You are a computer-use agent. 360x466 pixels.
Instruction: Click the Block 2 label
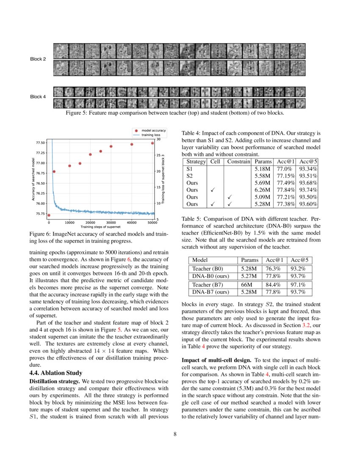point(38,59)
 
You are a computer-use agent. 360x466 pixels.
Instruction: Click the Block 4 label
point(38,97)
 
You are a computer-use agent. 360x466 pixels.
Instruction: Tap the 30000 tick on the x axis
point(111,222)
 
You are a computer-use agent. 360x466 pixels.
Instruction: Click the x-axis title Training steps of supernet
point(100,227)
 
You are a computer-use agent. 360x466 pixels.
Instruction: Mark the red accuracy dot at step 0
point(49,215)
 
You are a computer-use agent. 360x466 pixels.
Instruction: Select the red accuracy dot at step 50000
point(152,143)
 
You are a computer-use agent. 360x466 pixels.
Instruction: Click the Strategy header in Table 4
point(196,161)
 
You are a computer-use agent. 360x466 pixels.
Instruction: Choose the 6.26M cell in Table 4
point(262,190)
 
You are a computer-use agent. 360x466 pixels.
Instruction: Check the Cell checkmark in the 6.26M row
point(213,190)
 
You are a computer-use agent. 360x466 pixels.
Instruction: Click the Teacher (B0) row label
point(208,269)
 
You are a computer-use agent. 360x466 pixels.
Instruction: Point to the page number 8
point(180,434)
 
